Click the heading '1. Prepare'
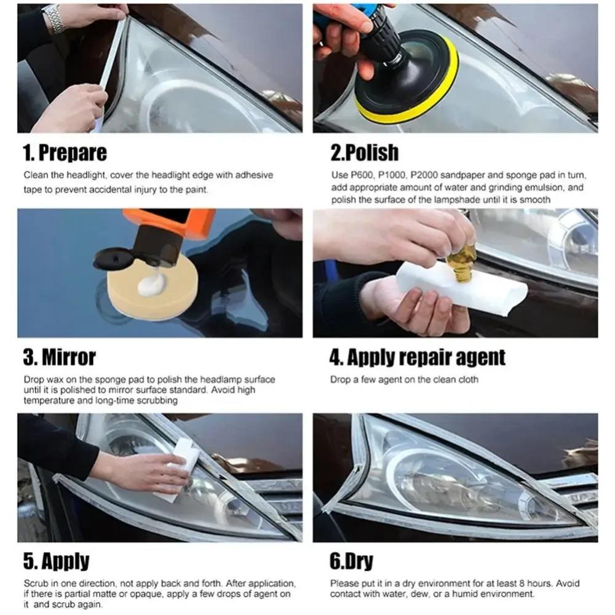point(65,152)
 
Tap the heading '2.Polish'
point(365,152)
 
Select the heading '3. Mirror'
point(60,357)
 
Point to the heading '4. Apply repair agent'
point(418,357)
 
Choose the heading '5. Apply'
point(56,561)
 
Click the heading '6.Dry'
point(352,561)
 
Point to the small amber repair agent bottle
point(461,263)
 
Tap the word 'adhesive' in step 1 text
point(255,175)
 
